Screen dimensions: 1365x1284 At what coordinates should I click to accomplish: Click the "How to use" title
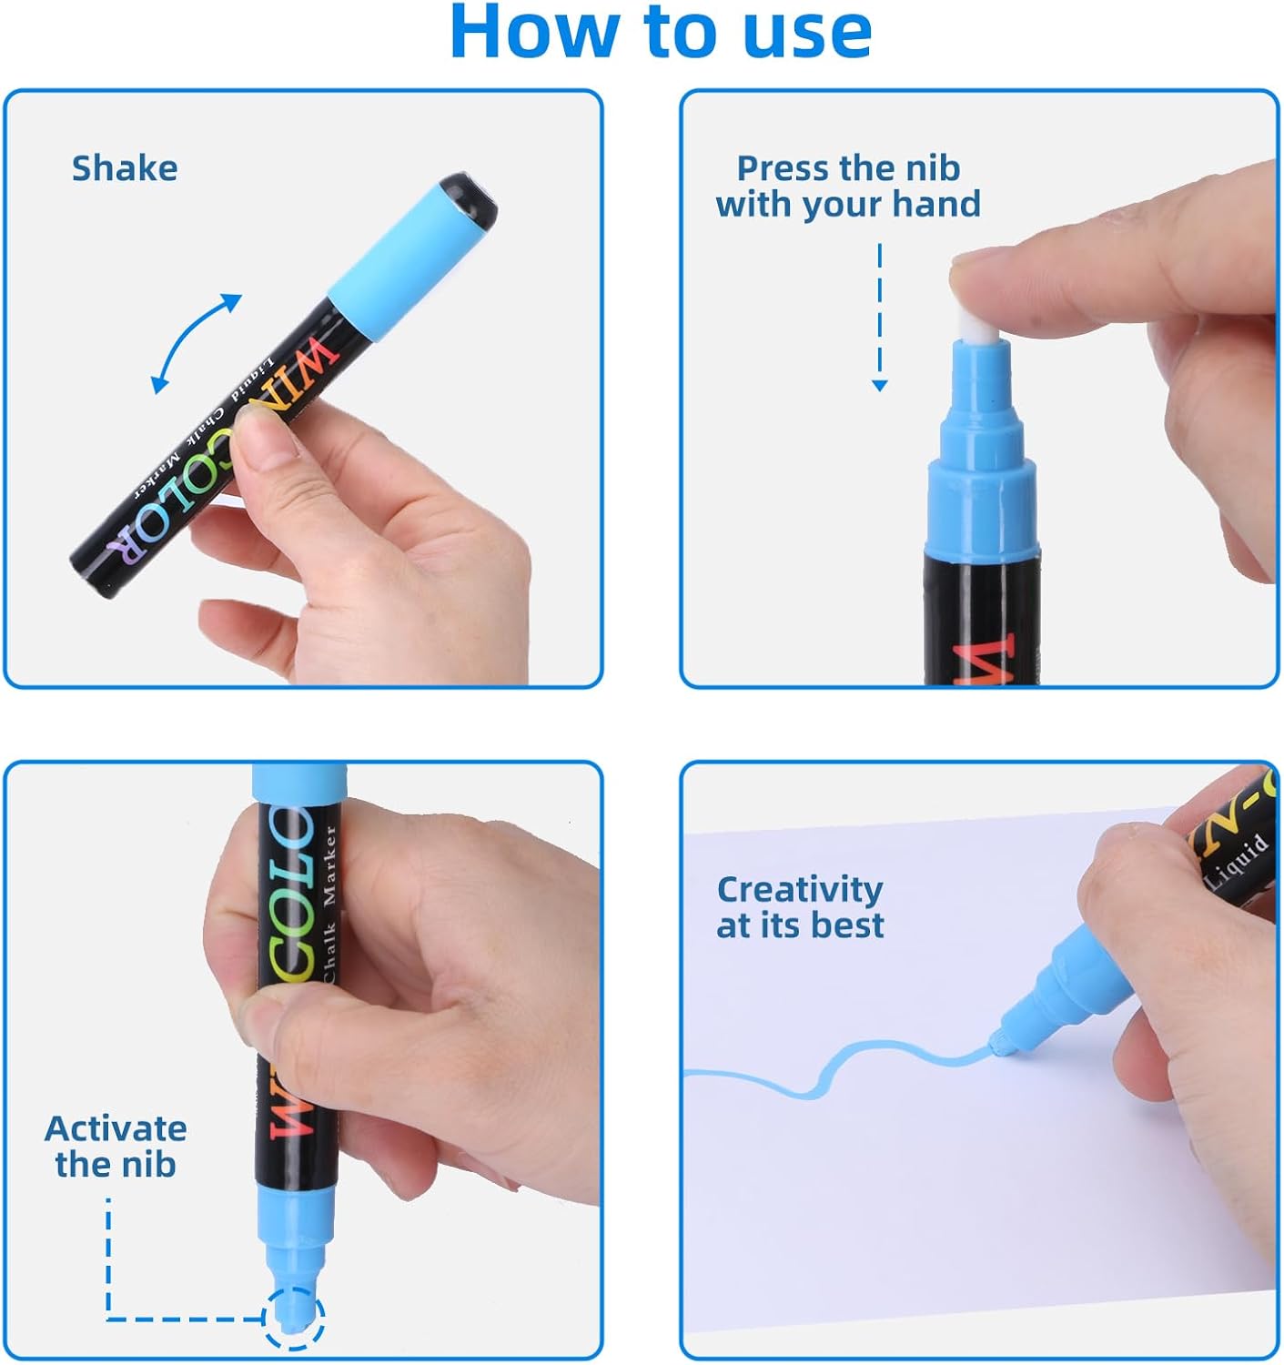click(661, 33)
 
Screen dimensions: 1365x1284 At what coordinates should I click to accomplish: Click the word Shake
click(125, 168)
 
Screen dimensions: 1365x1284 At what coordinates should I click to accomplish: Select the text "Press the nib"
click(848, 168)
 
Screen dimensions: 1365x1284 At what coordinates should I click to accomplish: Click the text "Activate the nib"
click(116, 1147)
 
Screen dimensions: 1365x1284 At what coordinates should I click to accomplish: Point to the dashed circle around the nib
click(294, 1317)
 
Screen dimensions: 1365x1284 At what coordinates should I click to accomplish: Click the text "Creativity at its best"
click(800, 907)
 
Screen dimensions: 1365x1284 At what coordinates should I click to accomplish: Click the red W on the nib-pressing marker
click(983, 660)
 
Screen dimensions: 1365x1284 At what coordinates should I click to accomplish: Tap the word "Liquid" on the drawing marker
click(1237, 860)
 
